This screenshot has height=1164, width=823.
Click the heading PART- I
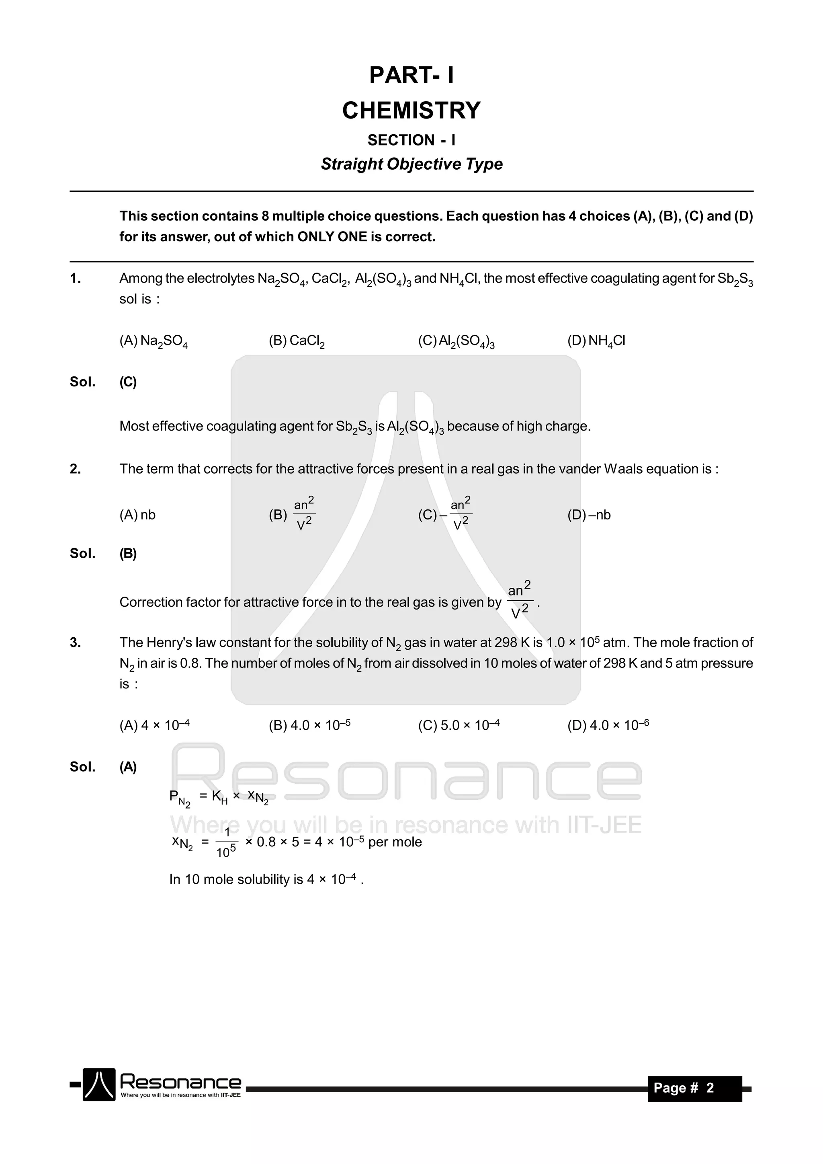(411, 76)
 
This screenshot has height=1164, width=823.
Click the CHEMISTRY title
(411, 111)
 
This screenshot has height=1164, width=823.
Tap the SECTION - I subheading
(411, 140)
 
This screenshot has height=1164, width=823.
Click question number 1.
(76, 278)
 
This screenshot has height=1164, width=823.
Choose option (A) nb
(137, 515)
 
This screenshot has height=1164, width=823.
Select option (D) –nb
(589, 515)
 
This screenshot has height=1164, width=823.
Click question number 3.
(76, 643)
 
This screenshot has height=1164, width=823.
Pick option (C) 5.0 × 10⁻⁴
(459, 725)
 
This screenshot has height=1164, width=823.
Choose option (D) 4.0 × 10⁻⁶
(608, 725)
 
